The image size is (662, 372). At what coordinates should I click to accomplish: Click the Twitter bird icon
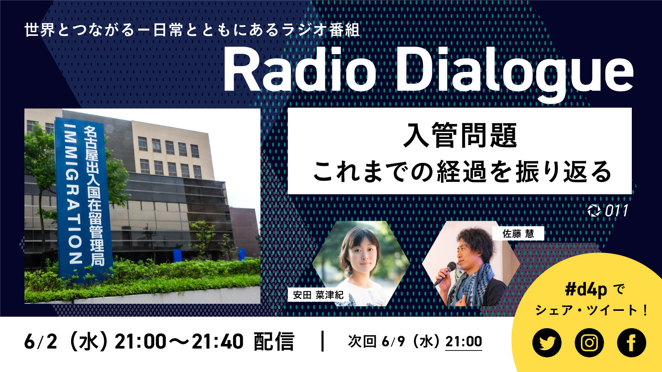[x=547, y=343]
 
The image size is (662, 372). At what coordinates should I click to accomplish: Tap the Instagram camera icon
[x=589, y=343]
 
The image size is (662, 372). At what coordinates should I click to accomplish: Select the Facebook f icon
[x=631, y=343]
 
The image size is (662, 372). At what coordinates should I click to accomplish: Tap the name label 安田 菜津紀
[x=318, y=295]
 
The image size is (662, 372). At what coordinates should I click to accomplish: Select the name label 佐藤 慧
[x=518, y=234]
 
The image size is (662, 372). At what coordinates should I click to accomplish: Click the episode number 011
[x=616, y=211]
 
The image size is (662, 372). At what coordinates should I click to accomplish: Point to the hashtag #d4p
[x=585, y=290]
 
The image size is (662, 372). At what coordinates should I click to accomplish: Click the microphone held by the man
[x=445, y=273]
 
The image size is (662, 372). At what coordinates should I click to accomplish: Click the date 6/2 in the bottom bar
[x=41, y=342]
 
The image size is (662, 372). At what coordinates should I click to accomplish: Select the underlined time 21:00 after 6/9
[x=463, y=341]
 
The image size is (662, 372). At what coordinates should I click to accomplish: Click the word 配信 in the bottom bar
[x=273, y=342]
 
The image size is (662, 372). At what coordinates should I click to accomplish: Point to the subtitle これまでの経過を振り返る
[x=461, y=172]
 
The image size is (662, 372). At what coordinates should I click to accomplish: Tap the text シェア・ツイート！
[x=592, y=310]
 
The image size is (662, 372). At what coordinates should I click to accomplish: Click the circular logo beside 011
[x=594, y=211]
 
